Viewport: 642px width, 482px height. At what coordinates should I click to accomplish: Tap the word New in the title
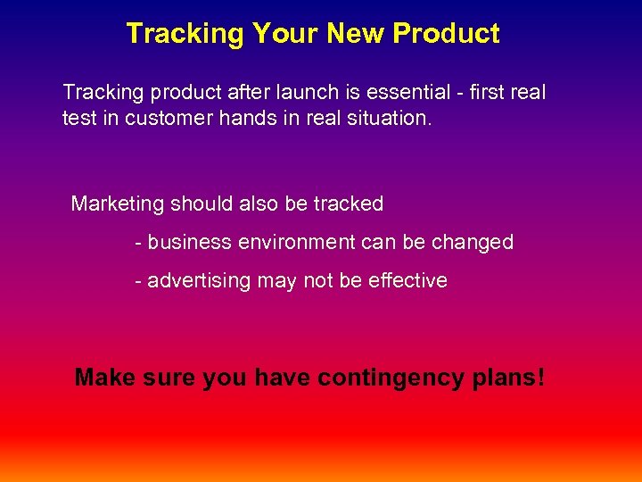(357, 34)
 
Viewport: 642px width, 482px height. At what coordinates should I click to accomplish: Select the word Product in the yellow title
(446, 34)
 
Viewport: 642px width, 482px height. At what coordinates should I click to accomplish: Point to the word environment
(292, 242)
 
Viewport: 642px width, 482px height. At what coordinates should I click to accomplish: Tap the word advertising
(200, 280)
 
